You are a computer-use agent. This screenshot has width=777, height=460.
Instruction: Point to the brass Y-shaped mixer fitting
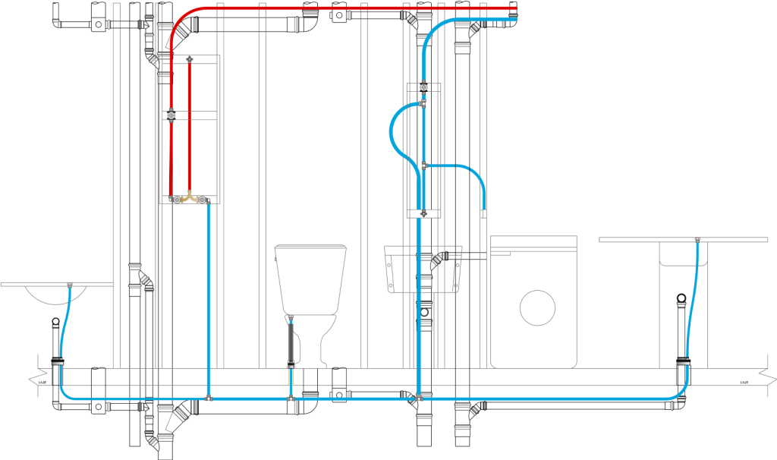[189, 200]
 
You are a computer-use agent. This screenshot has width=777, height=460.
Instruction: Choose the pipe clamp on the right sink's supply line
[684, 363]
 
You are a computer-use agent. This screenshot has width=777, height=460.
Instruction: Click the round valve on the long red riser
[171, 116]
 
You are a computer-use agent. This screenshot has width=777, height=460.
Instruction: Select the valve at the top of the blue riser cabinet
[423, 87]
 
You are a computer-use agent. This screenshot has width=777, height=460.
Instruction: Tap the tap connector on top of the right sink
[697, 241]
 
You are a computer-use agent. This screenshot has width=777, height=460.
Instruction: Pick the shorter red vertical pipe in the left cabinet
[189, 129]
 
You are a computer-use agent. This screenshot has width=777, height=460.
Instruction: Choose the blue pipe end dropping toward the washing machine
[483, 205]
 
